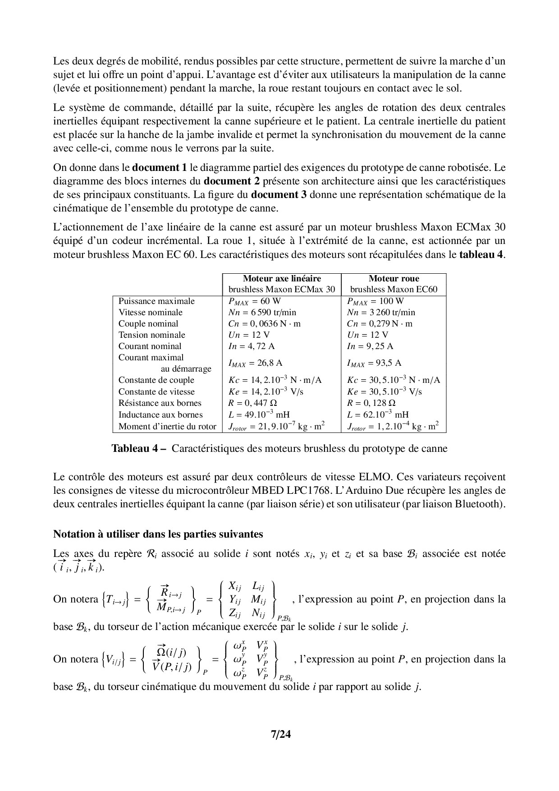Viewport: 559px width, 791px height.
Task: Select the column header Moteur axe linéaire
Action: pyautogui.click(x=282, y=279)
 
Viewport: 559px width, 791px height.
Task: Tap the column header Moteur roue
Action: pyautogui.click(x=394, y=279)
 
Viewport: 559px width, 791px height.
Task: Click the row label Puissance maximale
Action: pyautogui.click(x=156, y=301)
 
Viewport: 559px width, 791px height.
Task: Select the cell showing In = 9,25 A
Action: pyautogui.click(x=370, y=346)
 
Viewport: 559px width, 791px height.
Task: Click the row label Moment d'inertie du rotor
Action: pyautogui.click(x=167, y=426)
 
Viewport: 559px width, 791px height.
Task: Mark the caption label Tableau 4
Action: pyautogui.click(x=139, y=449)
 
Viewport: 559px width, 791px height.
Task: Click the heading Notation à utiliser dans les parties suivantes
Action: pyautogui.click(x=158, y=534)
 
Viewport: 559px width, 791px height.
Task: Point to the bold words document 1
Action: pyautogui.click(x=160, y=168)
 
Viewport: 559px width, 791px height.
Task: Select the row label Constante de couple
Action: pyautogui.click(x=156, y=380)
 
